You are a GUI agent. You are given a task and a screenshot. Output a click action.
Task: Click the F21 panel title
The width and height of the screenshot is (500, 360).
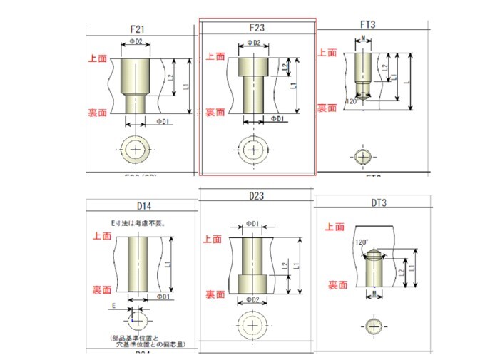pyautogui.click(x=138, y=29)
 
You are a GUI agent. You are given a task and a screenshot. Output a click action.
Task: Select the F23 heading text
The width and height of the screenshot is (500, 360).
pyautogui.click(x=257, y=28)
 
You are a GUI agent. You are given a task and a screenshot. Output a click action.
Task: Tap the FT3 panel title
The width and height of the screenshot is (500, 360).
pyautogui.click(x=368, y=24)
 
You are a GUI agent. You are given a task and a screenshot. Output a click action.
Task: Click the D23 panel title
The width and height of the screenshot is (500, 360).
pyautogui.click(x=257, y=195)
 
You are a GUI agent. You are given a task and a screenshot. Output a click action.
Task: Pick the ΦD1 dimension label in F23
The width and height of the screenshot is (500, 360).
pyautogui.click(x=277, y=118)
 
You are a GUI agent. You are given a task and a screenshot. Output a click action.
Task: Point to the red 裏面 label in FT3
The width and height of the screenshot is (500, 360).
pyautogui.click(x=327, y=108)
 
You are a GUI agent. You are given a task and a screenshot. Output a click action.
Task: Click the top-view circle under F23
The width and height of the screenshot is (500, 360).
pyautogui.click(x=251, y=150)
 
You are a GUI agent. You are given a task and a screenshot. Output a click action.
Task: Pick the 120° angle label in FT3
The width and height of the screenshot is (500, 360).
pyautogui.click(x=351, y=102)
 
